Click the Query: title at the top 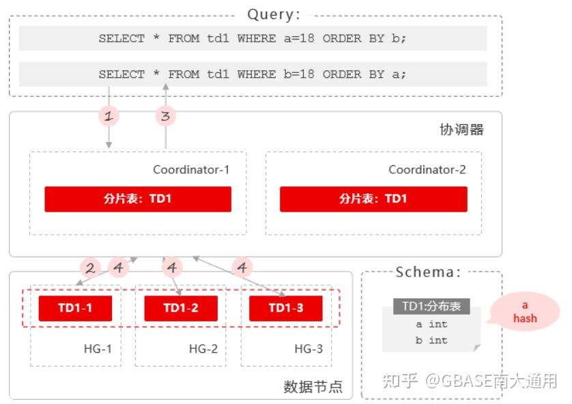pyautogui.click(x=273, y=14)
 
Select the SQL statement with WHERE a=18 pyautogui.click(x=253, y=39)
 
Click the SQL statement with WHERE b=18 pyautogui.click(x=253, y=74)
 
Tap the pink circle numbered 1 pyautogui.click(x=109, y=116)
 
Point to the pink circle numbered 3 pyautogui.click(x=165, y=116)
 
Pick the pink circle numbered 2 pyautogui.click(x=89, y=268)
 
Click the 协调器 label pyautogui.click(x=461, y=130)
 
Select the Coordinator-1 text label pyautogui.click(x=190, y=170)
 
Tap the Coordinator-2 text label pyautogui.click(x=427, y=170)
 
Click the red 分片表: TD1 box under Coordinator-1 pyautogui.click(x=138, y=199)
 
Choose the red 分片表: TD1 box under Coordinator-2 pyautogui.click(x=373, y=199)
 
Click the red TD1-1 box pyautogui.click(x=75, y=308)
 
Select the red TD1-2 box pyautogui.click(x=181, y=308)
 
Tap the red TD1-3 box pyautogui.click(x=285, y=308)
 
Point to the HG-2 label pyautogui.click(x=203, y=349)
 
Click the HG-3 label pyautogui.click(x=309, y=349)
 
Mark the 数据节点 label pyautogui.click(x=313, y=387)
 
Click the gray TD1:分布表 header pyautogui.click(x=431, y=306)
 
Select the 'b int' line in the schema pyautogui.click(x=431, y=340)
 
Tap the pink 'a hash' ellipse pyautogui.click(x=524, y=312)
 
